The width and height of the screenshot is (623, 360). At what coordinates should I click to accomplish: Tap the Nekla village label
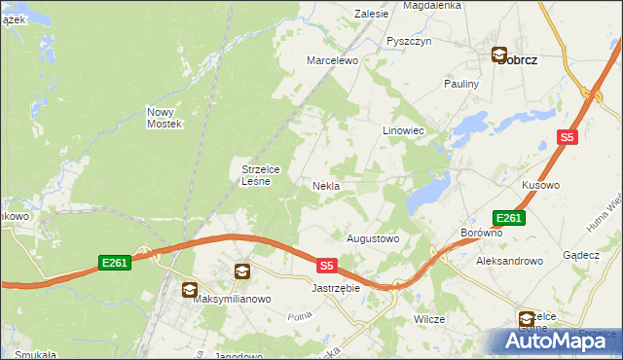coord(325,185)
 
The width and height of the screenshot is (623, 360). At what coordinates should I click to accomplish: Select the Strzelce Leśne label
coord(261,174)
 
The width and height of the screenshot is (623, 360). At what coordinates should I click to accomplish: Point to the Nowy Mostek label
coord(165,118)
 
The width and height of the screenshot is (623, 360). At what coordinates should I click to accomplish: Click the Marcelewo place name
coord(333,60)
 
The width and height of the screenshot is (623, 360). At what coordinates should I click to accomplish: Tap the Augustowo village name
coord(374,237)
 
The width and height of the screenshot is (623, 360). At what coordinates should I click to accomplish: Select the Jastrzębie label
coord(336,289)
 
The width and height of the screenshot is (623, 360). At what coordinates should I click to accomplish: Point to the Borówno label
coord(480,234)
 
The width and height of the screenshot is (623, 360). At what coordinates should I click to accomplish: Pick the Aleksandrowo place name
coord(508,262)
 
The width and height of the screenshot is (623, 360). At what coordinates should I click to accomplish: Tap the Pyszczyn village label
coord(408,41)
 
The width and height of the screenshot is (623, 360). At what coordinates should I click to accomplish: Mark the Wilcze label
coord(429,319)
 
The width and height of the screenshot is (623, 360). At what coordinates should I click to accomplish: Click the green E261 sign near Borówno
coord(509,218)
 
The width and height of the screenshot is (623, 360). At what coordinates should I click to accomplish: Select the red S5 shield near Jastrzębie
coord(327,265)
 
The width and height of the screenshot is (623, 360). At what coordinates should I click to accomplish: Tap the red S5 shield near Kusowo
coord(568,138)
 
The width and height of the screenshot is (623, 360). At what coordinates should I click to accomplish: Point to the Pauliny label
coord(462,85)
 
